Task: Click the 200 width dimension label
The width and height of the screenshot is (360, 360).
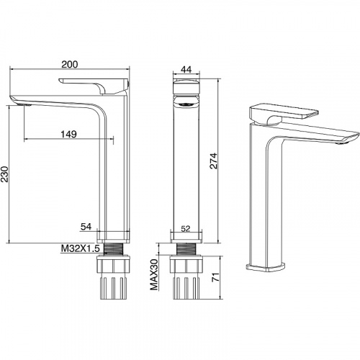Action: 70,65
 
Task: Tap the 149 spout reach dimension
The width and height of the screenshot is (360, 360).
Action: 68,134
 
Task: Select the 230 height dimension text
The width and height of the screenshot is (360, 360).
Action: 4,174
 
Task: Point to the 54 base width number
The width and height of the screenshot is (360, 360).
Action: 86,227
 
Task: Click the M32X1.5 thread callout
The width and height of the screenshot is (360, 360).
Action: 80,248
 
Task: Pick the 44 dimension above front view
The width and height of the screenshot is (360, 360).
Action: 186,69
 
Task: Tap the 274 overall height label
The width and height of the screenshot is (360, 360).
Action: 213,161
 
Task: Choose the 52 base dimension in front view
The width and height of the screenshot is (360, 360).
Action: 186,229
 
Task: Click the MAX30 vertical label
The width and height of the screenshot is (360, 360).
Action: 154,274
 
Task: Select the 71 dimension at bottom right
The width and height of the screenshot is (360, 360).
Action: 215,277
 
